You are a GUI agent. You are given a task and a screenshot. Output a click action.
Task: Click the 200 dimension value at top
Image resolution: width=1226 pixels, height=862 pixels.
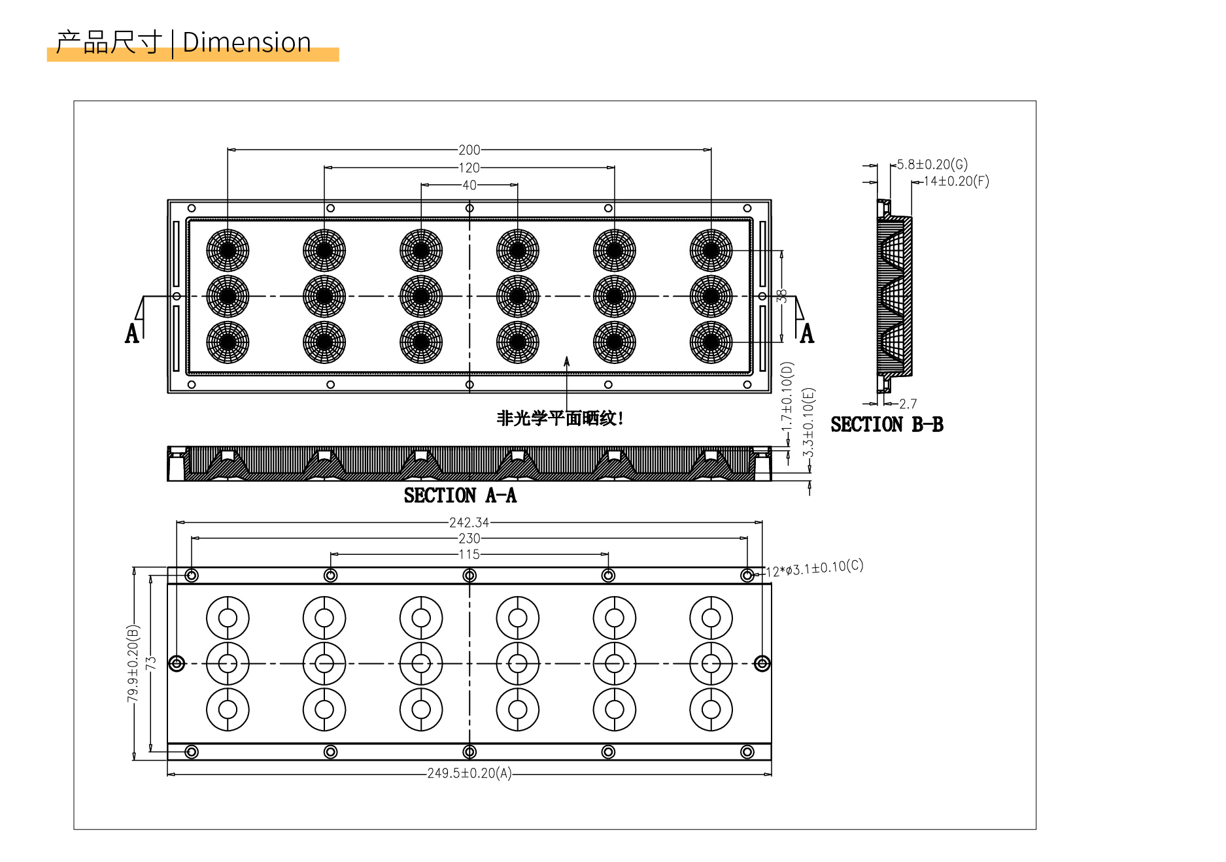coord(469,150)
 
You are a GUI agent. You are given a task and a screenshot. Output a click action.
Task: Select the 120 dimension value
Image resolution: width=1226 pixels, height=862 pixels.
coord(469,168)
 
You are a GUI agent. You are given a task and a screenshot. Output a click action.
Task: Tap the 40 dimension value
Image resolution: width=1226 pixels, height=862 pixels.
coord(469,185)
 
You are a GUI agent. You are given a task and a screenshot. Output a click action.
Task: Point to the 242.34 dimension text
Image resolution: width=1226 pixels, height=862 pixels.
coord(469,523)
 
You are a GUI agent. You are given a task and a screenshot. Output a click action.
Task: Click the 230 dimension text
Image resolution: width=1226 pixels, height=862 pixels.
coord(469,539)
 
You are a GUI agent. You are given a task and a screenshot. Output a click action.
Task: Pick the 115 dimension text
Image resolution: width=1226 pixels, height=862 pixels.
coord(469,554)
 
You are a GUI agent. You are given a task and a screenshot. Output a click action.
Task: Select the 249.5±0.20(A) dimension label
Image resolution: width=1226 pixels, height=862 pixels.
coord(469,773)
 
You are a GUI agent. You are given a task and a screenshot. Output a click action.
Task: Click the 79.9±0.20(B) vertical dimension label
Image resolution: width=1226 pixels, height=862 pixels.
coord(133,663)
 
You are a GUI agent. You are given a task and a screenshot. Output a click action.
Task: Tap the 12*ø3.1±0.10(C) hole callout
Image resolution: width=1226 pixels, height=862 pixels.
coord(814,568)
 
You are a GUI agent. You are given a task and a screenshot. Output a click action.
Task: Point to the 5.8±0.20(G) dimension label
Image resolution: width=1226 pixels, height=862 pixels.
coord(932,164)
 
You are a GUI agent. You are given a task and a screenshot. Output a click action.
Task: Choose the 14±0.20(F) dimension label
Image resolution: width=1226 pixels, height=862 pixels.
coord(956,181)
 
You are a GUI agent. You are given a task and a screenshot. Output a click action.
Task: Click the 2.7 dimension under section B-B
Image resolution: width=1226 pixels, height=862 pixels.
coord(908,404)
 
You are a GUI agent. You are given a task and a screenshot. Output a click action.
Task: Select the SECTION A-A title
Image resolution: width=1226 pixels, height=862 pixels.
coord(460,496)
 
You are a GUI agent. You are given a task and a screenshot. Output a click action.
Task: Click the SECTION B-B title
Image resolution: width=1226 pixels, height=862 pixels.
coord(887,425)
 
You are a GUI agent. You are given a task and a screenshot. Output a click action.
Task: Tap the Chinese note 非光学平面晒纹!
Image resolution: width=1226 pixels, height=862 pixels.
coord(560,418)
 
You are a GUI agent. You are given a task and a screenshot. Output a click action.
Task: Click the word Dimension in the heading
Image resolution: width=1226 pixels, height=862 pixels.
coord(247,42)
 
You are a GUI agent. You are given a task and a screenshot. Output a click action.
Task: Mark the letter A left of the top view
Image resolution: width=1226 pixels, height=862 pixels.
coord(132,333)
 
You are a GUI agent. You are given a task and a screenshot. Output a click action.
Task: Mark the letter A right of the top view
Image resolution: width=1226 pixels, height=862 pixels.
coord(808,333)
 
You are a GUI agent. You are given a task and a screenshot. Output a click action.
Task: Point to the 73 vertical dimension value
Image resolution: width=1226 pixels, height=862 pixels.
coord(151,663)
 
